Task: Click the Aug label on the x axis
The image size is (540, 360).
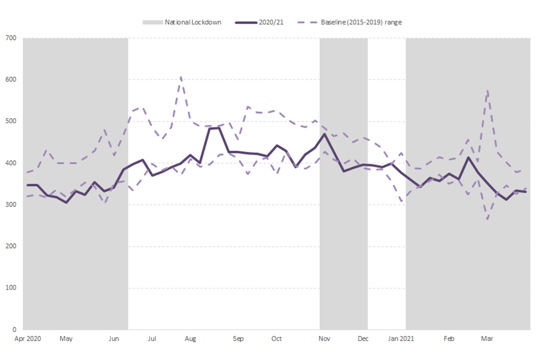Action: pos(191,339)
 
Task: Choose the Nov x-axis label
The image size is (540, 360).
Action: pos(325,339)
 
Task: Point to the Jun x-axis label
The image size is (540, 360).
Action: pos(114,339)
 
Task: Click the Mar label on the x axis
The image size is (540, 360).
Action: pos(487,339)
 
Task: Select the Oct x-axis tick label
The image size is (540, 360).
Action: pos(276,339)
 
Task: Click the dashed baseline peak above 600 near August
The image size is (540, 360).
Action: pos(181,77)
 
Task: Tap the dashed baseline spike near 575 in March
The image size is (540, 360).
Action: pos(487,90)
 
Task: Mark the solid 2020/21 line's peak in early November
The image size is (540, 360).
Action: pos(325,134)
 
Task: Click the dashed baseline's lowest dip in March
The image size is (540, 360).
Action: pos(487,219)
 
